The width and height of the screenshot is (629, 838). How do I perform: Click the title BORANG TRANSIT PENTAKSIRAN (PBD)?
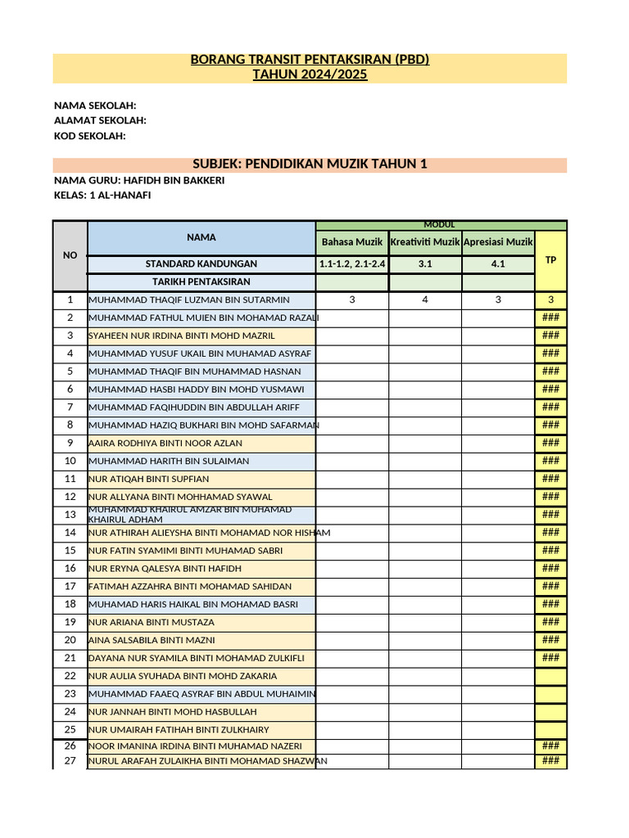coord(310,61)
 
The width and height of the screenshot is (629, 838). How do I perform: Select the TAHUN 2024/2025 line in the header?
coord(310,75)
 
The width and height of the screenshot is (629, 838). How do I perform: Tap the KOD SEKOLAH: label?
coord(90,136)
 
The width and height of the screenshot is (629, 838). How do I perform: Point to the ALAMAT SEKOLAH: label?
coord(100,120)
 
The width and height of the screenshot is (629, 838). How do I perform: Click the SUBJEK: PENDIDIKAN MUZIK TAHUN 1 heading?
coord(310,164)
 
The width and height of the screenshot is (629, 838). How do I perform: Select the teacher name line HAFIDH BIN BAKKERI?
coord(139,180)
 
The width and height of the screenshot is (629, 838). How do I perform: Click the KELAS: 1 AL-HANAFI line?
coord(102,195)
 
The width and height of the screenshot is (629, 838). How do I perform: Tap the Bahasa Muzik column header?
coord(352,242)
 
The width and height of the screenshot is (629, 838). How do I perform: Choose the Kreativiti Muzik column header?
coord(425,242)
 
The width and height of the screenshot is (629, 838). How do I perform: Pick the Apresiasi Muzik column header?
coord(498,242)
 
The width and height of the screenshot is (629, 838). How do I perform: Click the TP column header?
coord(550,259)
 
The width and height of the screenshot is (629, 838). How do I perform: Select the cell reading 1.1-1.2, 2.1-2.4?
coord(352,264)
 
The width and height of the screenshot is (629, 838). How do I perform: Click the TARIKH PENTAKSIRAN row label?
coord(201,282)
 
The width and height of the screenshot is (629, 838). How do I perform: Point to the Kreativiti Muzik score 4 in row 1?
coord(425,300)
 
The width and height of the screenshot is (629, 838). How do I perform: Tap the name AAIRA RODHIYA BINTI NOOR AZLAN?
coord(165,443)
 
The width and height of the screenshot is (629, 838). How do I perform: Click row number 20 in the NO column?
coord(70,640)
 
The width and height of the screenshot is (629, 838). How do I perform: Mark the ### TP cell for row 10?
coord(550,461)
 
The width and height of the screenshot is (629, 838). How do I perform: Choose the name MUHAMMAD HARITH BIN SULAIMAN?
coord(169,461)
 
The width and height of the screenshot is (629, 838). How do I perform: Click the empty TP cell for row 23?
coord(550,694)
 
